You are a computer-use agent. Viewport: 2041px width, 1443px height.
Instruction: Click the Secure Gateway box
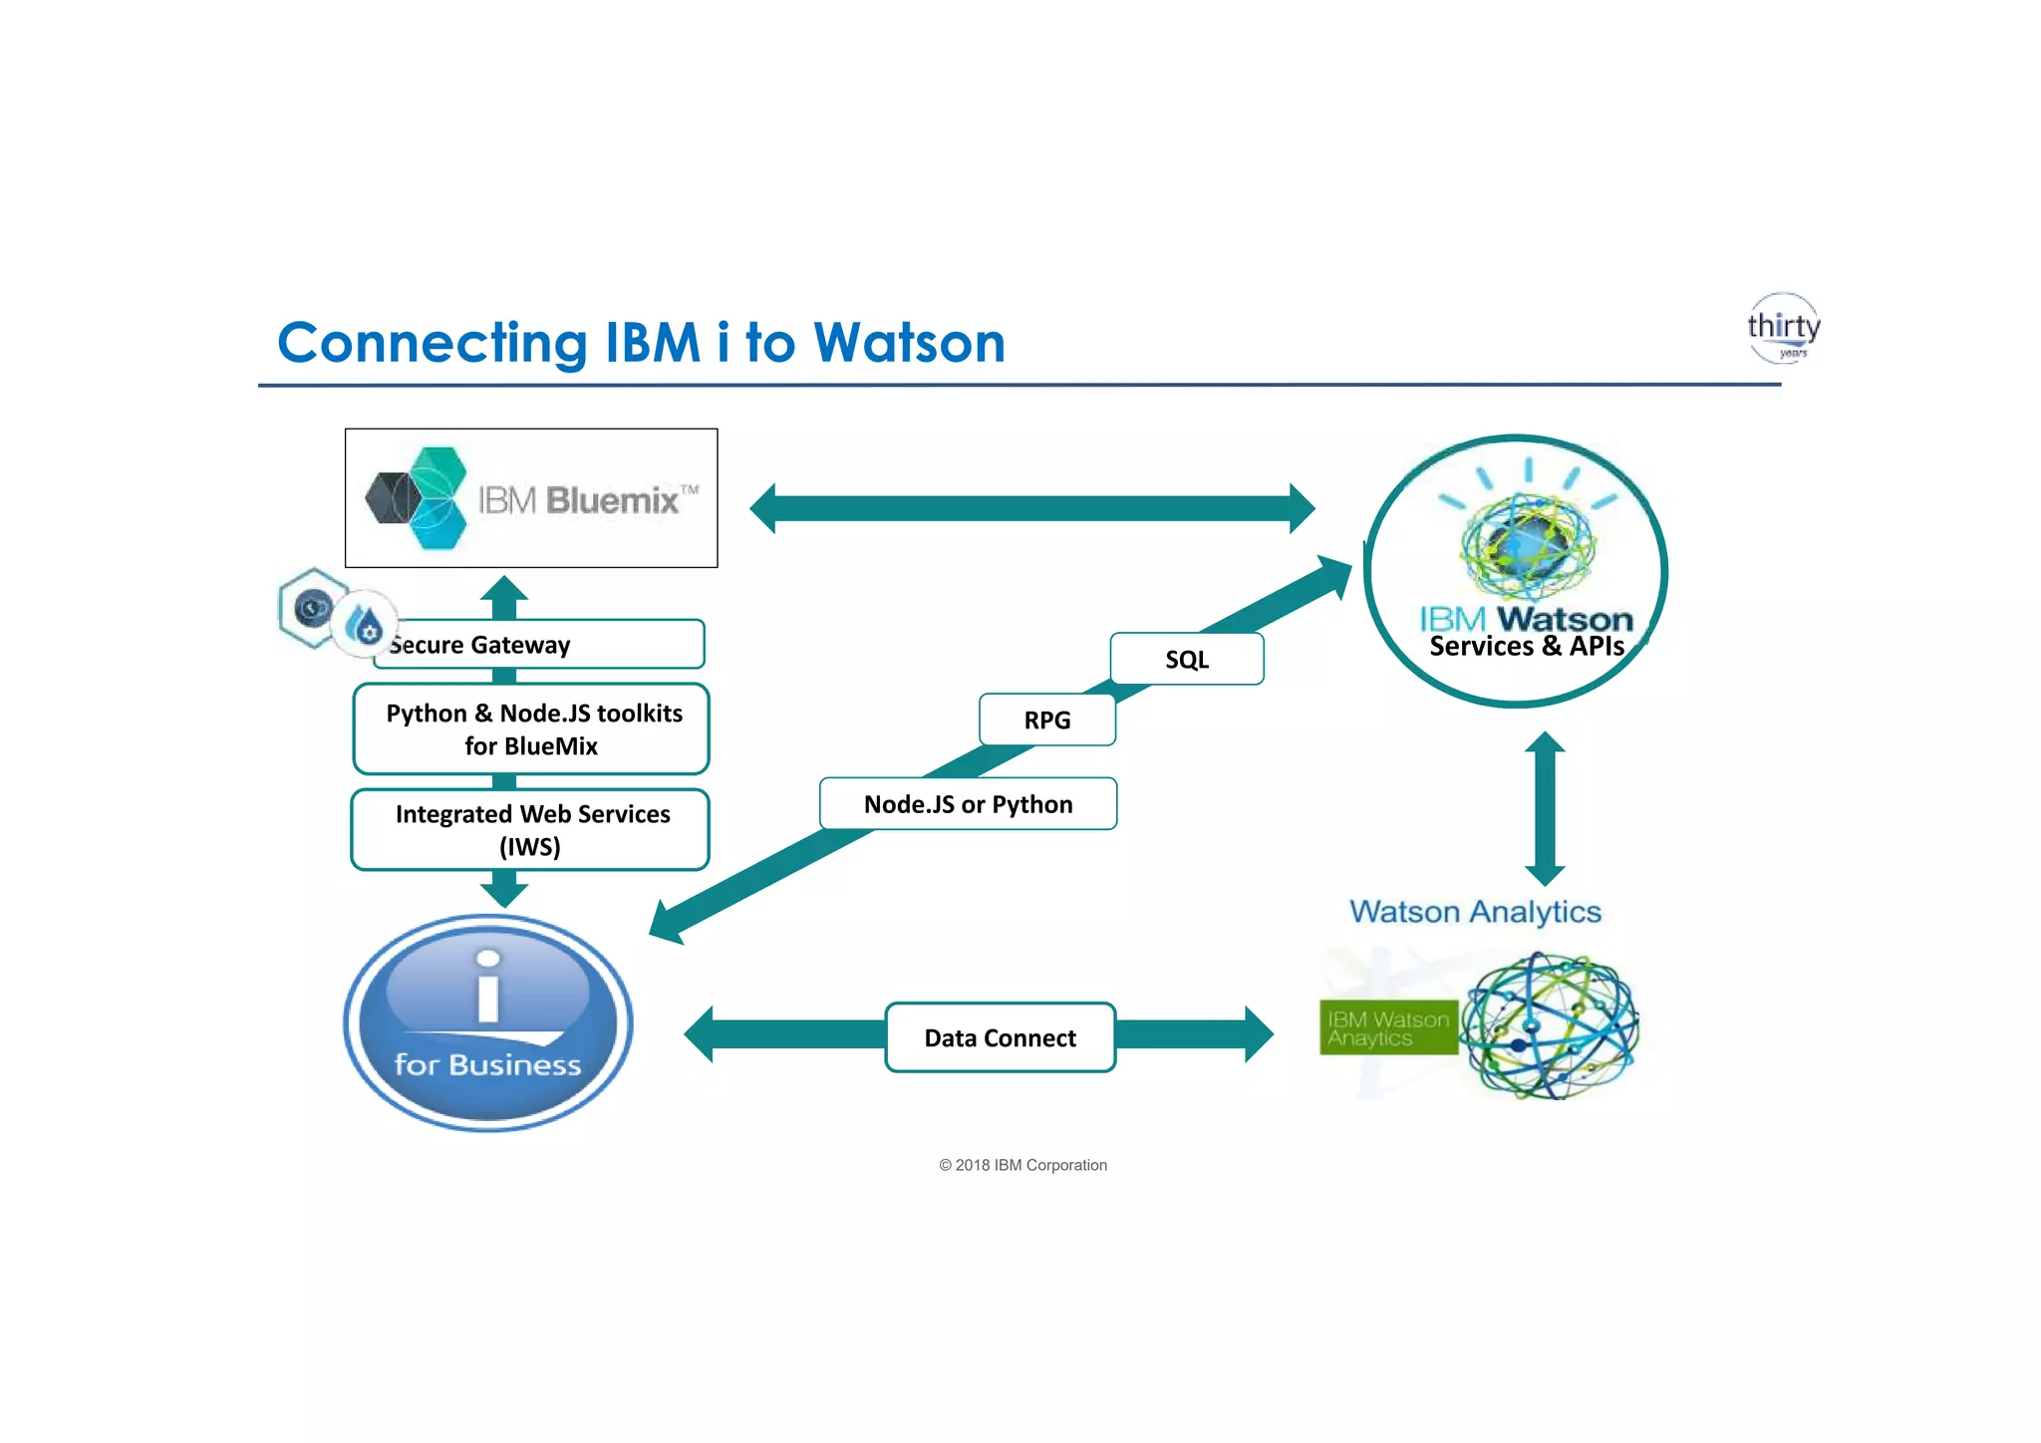(543, 645)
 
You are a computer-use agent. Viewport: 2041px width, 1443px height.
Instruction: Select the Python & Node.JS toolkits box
(531, 728)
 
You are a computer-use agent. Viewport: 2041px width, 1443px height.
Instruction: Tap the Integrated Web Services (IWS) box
(530, 829)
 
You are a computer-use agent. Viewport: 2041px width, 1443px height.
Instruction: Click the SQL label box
(1186, 659)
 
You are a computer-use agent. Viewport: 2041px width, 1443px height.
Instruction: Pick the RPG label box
(1046, 720)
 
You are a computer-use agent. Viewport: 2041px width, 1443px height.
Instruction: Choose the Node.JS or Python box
(968, 803)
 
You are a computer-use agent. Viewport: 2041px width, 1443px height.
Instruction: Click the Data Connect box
(1000, 1037)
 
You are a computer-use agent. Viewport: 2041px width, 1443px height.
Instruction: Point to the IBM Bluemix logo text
(588, 499)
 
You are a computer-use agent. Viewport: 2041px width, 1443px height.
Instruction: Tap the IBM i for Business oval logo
(487, 1022)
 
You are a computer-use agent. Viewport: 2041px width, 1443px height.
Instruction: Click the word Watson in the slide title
(909, 343)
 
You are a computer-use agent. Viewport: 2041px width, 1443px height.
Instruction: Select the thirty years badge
(1783, 328)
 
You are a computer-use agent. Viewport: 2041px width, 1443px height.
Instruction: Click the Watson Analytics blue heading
(1475, 912)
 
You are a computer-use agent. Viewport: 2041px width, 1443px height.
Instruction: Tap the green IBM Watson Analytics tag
(1387, 1027)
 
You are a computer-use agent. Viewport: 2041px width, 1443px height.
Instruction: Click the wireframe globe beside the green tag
(1550, 1025)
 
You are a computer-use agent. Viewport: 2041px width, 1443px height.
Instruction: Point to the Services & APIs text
(1526, 647)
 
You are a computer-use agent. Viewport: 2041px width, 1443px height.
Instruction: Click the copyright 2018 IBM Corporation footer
(1022, 1165)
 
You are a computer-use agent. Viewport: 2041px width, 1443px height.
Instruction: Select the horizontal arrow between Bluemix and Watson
(1031, 508)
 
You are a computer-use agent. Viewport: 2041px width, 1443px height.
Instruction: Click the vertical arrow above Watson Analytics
(1545, 808)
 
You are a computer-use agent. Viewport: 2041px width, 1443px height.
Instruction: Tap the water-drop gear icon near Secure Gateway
(365, 625)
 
